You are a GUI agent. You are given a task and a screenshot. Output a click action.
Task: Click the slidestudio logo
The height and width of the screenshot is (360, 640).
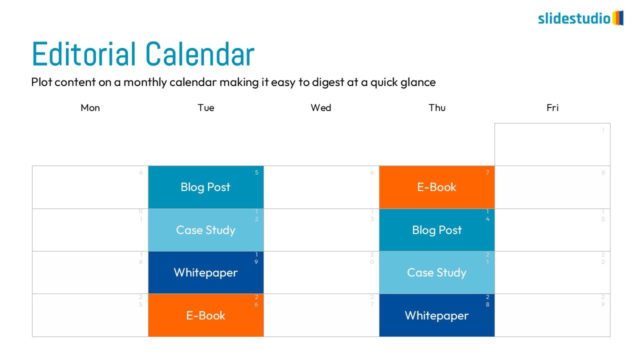pyautogui.click(x=580, y=18)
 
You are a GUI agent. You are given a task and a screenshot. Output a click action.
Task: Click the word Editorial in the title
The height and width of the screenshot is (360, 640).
pyautogui.click(x=83, y=54)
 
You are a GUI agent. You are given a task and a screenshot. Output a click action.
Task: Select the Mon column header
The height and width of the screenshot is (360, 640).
pyautogui.click(x=90, y=107)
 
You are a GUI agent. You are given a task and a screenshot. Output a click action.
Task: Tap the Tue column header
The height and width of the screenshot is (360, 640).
pyautogui.click(x=205, y=107)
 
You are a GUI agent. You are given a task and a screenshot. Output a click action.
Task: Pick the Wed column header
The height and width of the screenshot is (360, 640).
pyautogui.click(x=321, y=107)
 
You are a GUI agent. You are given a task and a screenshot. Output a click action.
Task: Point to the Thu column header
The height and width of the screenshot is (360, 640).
pyautogui.click(x=437, y=107)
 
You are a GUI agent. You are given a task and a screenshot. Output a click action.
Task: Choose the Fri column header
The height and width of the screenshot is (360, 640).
pyautogui.click(x=552, y=107)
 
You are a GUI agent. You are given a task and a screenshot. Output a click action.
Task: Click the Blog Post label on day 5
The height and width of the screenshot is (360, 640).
pyautogui.click(x=205, y=187)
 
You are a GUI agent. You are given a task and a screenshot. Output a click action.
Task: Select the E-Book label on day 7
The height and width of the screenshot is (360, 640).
pyautogui.click(x=436, y=187)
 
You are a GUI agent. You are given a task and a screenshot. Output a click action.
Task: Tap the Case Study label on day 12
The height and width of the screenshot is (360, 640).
pyautogui.click(x=205, y=230)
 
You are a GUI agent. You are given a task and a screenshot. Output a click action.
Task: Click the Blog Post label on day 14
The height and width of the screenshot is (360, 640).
pyautogui.click(x=437, y=230)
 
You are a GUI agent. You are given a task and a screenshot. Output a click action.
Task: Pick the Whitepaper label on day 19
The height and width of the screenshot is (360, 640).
pyautogui.click(x=205, y=272)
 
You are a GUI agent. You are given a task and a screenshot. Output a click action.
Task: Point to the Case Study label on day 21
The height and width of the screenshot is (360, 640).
pyautogui.click(x=436, y=272)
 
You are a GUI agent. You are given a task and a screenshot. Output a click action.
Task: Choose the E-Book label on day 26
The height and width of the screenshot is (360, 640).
pyautogui.click(x=205, y=315)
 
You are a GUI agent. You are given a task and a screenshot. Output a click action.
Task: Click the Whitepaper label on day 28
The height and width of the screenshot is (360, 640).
pyautogui.click(x=436, y=315)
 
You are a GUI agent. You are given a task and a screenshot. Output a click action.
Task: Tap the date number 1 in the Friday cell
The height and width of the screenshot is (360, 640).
pyautogui.click(x=603, y=130)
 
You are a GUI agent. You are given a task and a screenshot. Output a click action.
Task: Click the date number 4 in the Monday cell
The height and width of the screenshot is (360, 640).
pyautogui.click(x=140, y=172)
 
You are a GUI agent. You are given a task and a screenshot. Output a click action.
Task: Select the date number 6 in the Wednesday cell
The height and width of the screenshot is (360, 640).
pyautogui.click(x=372, y=172)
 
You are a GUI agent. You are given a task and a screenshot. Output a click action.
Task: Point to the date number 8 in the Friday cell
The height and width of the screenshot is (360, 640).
pyautogui.click(x=603, y=172)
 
